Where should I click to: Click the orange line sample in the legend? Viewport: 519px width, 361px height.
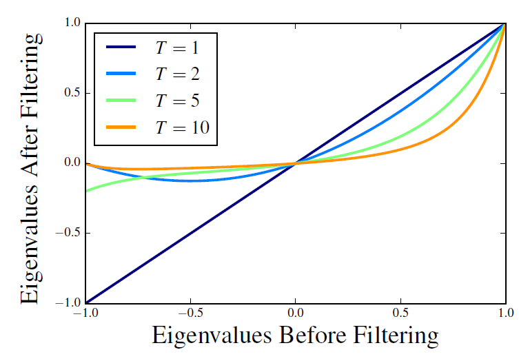click(x=124, y=127)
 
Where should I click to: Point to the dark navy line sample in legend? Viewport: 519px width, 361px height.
click(x=124, y=49)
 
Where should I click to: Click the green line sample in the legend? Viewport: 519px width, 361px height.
click(x=124, y=101)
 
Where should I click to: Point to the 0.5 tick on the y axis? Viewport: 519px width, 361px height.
click(x=72, y=93)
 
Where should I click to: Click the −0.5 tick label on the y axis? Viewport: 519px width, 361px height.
click(x=68, y=233)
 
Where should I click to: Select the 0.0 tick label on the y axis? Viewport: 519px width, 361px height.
click(x=72, y=163)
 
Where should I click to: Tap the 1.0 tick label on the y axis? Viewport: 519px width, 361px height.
click(x=72, y=23)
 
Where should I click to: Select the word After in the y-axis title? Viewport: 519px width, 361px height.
click(x=31, y=178)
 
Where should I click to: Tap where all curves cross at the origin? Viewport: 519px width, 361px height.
click(x=295, y=163)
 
